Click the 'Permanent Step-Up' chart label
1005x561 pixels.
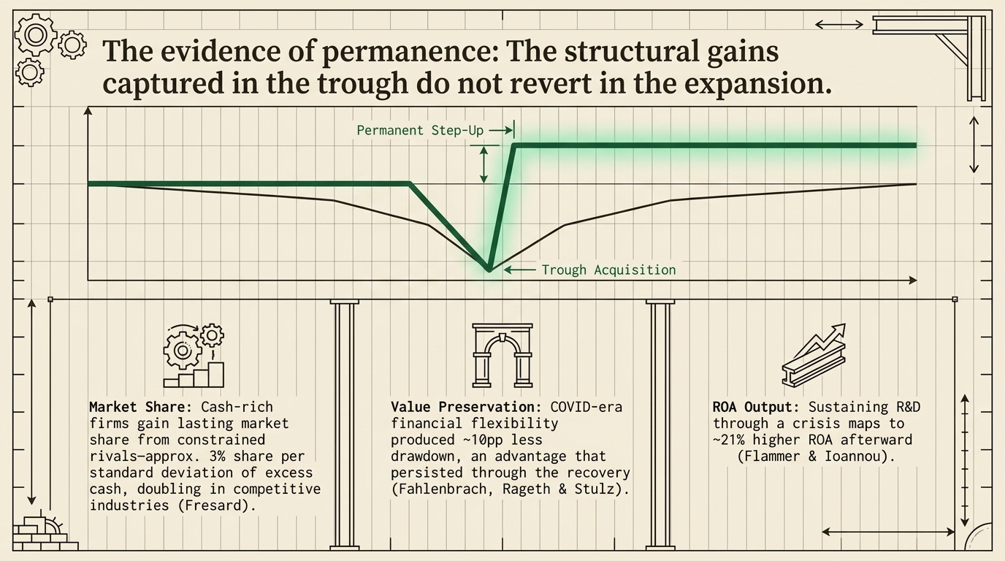[420, 131]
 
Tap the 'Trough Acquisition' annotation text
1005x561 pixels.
[609, 270]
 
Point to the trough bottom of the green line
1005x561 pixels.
[489, 270]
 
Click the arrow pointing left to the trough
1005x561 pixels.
[519, 270]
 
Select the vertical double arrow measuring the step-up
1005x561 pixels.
[484, 165]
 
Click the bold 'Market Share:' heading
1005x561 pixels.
[140, 407]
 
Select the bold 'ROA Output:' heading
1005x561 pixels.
[756, 407]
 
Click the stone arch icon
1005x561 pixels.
[502, 355]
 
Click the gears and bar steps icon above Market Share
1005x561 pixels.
[194, 355]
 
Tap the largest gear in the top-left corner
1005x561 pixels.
[36, 35]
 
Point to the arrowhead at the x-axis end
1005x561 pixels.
[912, 280]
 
